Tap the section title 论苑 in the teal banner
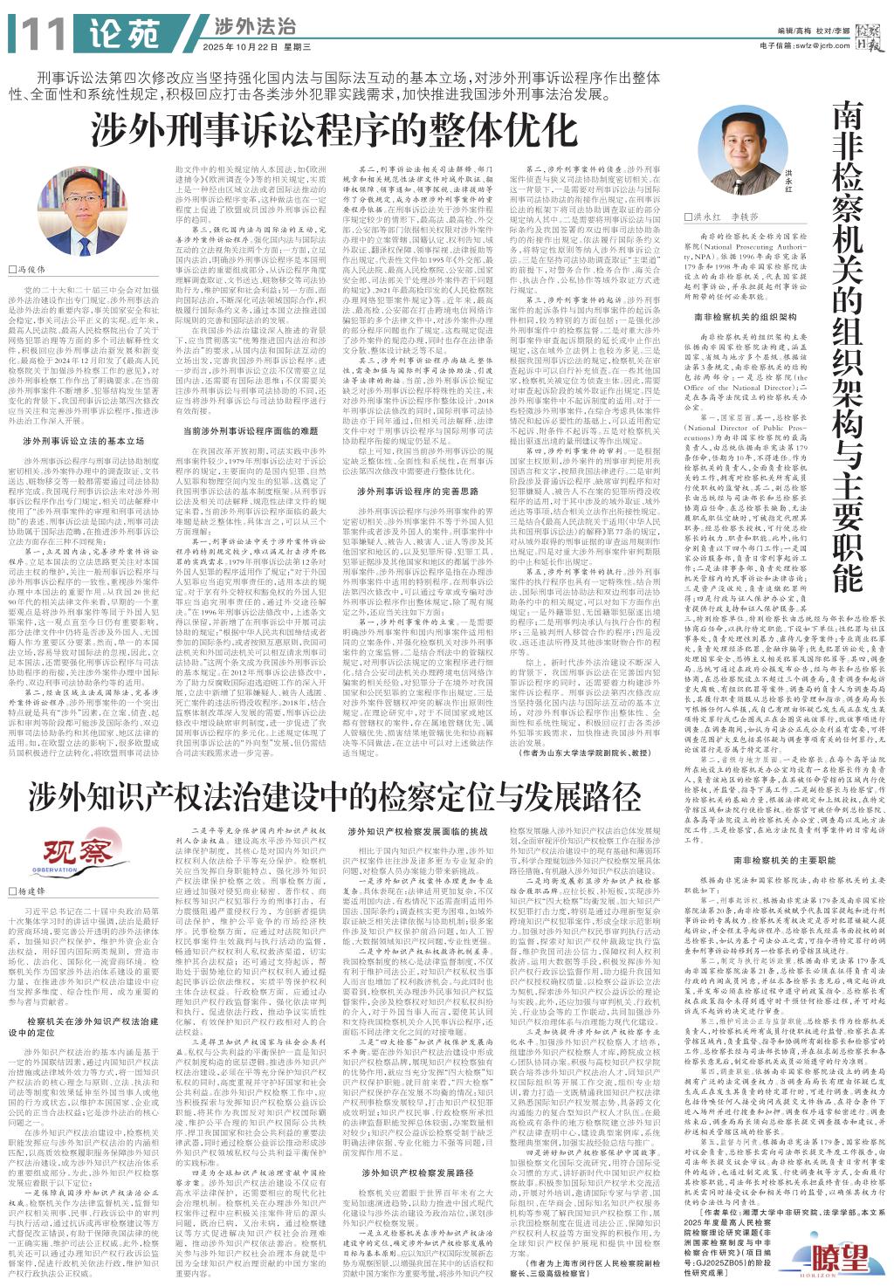(124, 34)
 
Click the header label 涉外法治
(243, 25)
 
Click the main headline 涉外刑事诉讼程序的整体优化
(323, 130)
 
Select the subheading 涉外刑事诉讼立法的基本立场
(83, 442)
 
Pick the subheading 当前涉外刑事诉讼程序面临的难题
(250, 430)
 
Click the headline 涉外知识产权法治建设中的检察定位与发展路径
(334, 795)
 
